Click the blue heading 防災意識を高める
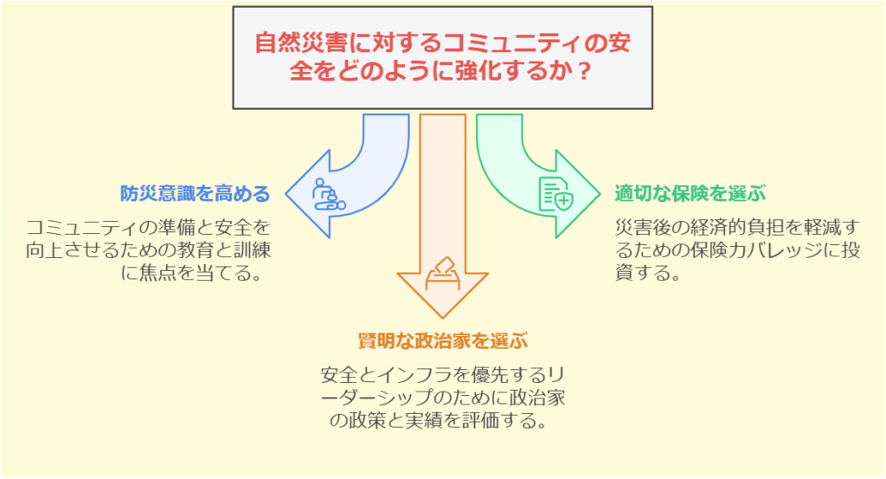pos(195,193)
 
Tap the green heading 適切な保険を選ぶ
pos(690,193)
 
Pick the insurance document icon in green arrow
pos(555,194)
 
